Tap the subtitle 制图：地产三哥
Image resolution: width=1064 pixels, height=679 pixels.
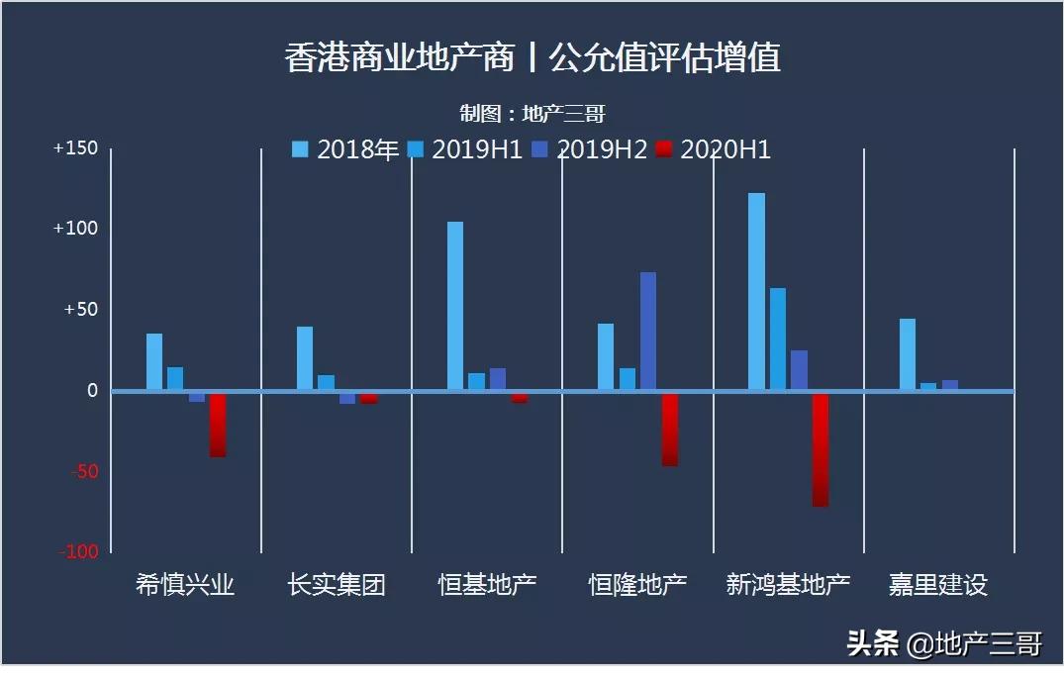click(x=532, y=114)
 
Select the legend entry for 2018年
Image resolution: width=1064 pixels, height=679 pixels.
click(x=345, y=149)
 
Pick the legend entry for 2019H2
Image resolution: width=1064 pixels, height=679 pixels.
click(x=590, y=149)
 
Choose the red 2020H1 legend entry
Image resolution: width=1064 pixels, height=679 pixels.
click(x=714, y=149)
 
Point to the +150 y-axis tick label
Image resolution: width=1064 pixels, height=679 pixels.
click(x=76, y=148)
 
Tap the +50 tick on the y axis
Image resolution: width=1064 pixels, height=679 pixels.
click(x=80, y=310)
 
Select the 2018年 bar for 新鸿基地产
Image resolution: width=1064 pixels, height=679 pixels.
click(x=756, y=291)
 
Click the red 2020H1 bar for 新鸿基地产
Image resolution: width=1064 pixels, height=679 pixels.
click(x=821, y=449)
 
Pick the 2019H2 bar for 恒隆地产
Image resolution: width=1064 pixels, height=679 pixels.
click(x=648, y=331)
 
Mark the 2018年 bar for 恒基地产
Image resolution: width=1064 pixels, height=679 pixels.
click(x=455, y=306)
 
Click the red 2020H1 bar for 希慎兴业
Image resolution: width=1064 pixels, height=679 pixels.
click(x=218, y=425)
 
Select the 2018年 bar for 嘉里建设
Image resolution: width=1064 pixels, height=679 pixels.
click(x=908, y=354)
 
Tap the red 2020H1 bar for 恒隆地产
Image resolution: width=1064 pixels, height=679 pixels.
click(x=670, y=429)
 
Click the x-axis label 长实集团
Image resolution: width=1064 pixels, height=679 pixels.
click(x=337, y=585)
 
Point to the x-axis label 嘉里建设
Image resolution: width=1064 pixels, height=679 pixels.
click(x=938, y=585)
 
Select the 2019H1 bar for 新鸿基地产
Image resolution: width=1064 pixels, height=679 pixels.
click(x=778, y=339)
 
